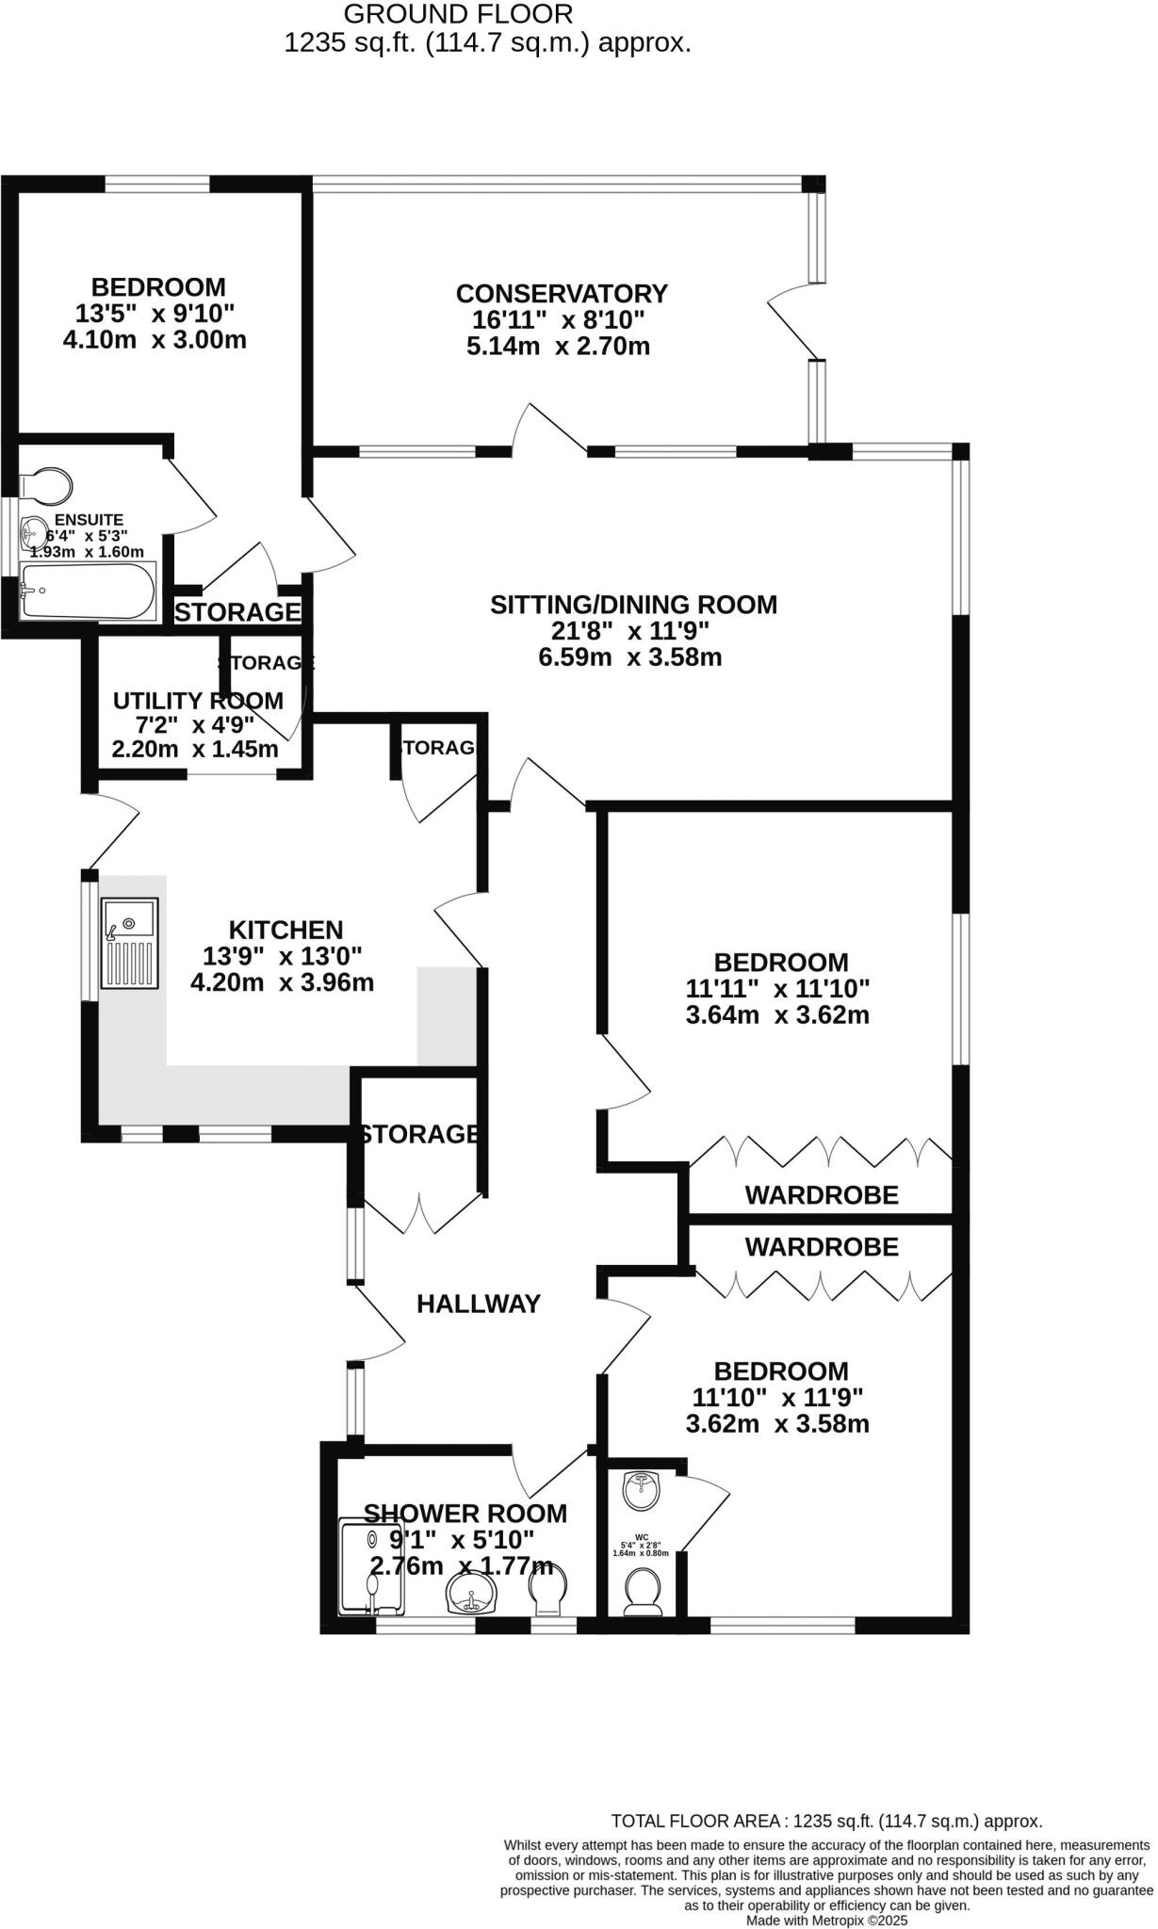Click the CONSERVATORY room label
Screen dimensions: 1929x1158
(x=562, y=294)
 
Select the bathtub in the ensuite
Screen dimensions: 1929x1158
(x=89, y=592)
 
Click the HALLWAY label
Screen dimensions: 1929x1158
(x=479, y=1304)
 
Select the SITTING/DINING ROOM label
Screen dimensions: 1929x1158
(x=633, y=605)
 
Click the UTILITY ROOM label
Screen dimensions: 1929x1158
(x=198, y=701)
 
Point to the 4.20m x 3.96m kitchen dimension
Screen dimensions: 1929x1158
(x=282, y=983)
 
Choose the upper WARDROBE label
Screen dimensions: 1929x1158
(x=822, y=1195)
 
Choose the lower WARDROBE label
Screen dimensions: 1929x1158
(x=822, y=1247)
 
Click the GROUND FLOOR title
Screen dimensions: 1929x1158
(x=458, y=14)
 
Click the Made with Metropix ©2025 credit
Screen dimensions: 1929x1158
(x=826, y=1921)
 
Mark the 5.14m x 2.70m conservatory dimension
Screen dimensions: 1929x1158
(x=558, y=347)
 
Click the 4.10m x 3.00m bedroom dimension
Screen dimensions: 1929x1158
(x=155, y=340)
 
